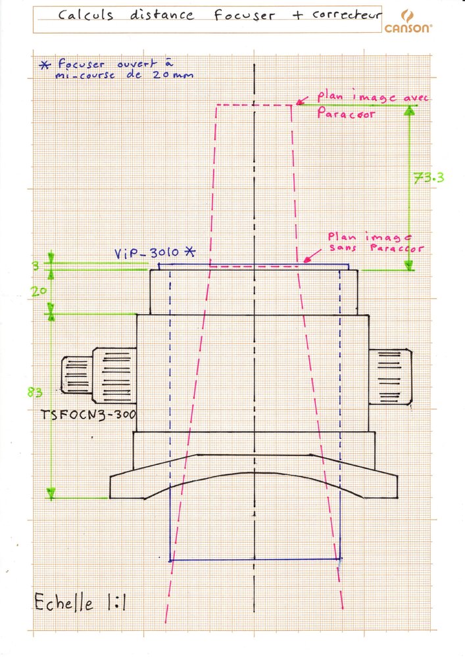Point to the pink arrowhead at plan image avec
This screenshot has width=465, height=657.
pyautogui.click(x=298, y=102)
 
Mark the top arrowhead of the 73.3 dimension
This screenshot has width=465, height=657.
pyautogui.click(x=409, y=110)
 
